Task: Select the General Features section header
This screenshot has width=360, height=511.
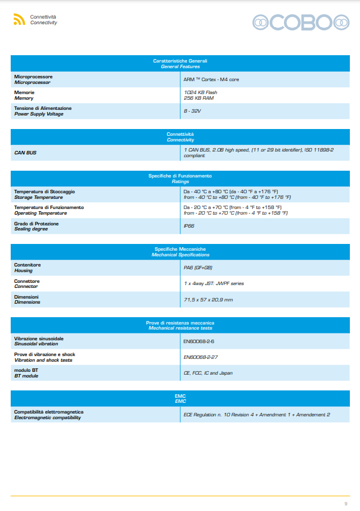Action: [x=180, y=64]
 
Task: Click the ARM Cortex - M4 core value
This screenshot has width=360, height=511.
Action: [x=211, y=79]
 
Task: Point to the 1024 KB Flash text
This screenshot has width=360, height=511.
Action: [x=200, y=92]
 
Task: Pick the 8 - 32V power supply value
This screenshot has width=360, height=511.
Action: [x=192, y=111]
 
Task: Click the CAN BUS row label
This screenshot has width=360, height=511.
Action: [x=25, y=153]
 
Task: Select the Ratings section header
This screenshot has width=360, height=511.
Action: [x=180, y=179]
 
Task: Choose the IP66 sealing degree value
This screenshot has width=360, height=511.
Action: [x=189, y=226]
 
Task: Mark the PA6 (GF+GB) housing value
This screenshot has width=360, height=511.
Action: [x=198, y=267]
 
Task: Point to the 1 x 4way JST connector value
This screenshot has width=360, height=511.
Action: [x=214, y=283]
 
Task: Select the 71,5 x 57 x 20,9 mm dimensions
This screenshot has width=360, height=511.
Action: [x=208, y=299]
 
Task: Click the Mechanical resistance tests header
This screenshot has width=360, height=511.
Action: [x=180, y=325]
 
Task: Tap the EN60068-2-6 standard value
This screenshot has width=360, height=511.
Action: [x=198, y=341]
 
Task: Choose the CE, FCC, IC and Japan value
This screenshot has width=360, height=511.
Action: [x=208, y=373]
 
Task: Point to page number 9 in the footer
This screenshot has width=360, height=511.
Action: [x=345, y=503]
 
